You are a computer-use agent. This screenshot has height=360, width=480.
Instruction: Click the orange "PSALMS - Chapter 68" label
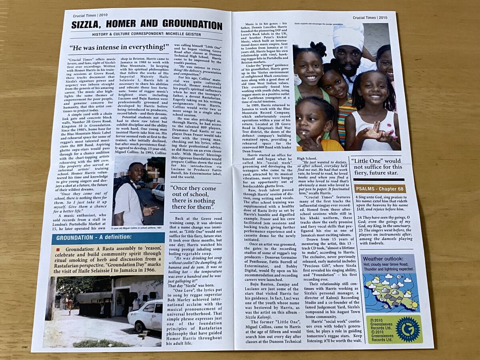click(x=380, y=189)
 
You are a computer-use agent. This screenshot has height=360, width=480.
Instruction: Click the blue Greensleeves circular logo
click(x=408, y=329)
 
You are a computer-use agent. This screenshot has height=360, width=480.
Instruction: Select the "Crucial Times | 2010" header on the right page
click(x=370, y=17)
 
